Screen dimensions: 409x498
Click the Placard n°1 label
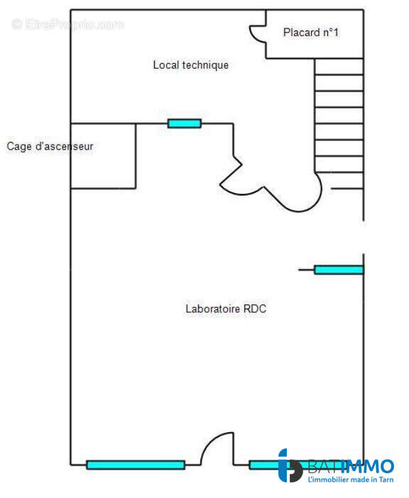pos(311,33)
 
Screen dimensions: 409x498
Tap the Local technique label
pos(191,65)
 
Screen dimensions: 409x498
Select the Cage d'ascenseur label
pos(50,146)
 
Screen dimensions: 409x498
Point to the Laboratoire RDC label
pos(226,309)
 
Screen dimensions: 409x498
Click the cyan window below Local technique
pos(185,123)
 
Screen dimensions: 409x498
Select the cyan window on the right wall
pos(339,270)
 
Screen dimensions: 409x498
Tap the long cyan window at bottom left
pos(136,465)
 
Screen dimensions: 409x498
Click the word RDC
pos(255,309)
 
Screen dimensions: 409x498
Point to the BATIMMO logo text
pos(351,467)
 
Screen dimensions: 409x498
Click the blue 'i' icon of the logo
pos(290,465)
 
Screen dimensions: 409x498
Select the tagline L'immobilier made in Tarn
pos(351,480)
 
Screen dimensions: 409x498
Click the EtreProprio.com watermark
pos(67,24)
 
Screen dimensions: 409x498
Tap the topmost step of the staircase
pos(339,67)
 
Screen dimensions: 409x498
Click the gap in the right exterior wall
pos(364,237)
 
